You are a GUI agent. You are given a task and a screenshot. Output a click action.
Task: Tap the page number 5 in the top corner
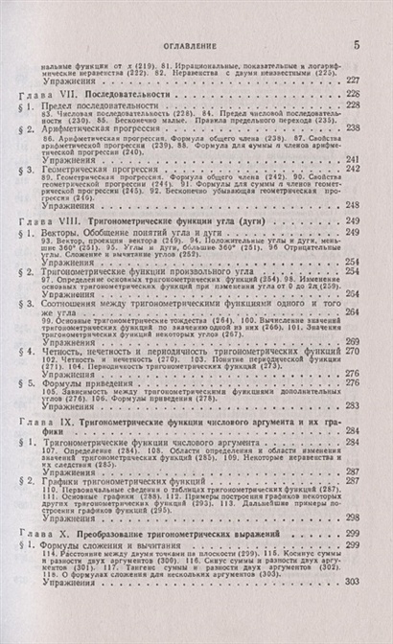(x=356, y=44)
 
